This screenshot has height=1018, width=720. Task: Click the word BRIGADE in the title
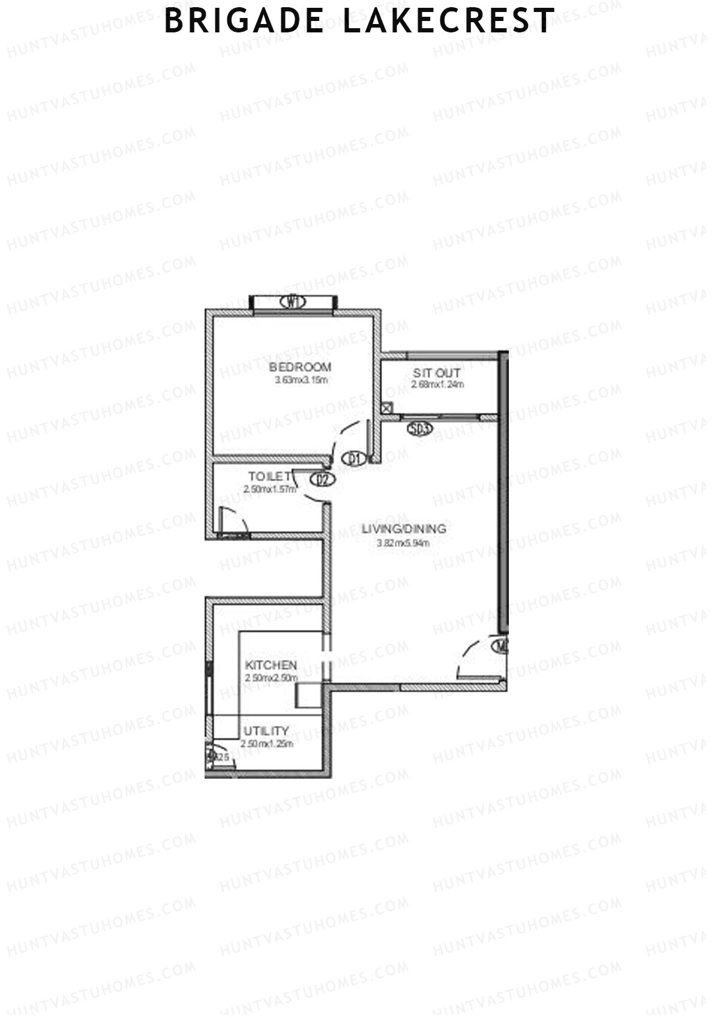click(244, 21)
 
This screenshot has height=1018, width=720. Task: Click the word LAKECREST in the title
click(448, 21)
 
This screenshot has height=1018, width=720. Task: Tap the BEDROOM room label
click(300, 367)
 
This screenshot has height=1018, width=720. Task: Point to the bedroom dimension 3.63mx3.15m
click(301, 380)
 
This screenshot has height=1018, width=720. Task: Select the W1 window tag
click(293, 302)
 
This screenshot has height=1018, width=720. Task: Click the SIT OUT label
click(437, 373)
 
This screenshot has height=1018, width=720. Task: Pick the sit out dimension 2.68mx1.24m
click(437, 385)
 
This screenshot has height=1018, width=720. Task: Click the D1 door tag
click(354, 460)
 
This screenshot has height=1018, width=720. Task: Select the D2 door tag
click(322, 479)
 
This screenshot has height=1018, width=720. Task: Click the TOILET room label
click(270, 476)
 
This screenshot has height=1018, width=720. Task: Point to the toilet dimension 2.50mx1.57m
click(270, 489)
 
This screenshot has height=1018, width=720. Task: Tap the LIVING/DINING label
click(404, 529)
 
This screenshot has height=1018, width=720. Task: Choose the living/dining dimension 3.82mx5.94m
click(403, 543)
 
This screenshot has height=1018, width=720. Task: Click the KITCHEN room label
click(271, 665)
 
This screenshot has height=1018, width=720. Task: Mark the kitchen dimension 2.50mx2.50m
click(271, 678)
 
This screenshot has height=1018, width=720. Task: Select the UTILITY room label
click(266, 731)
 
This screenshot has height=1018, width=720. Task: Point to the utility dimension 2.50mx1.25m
click(266, 744)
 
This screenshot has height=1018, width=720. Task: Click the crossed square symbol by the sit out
click(387, 408)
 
